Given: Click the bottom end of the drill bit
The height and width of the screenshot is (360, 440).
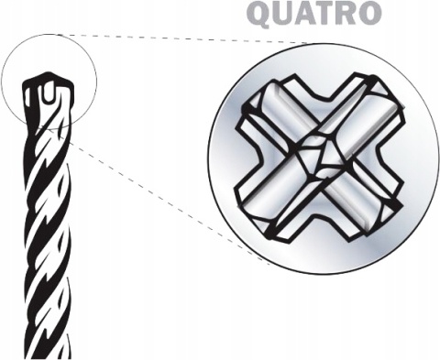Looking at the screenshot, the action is (x=59, y=353).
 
